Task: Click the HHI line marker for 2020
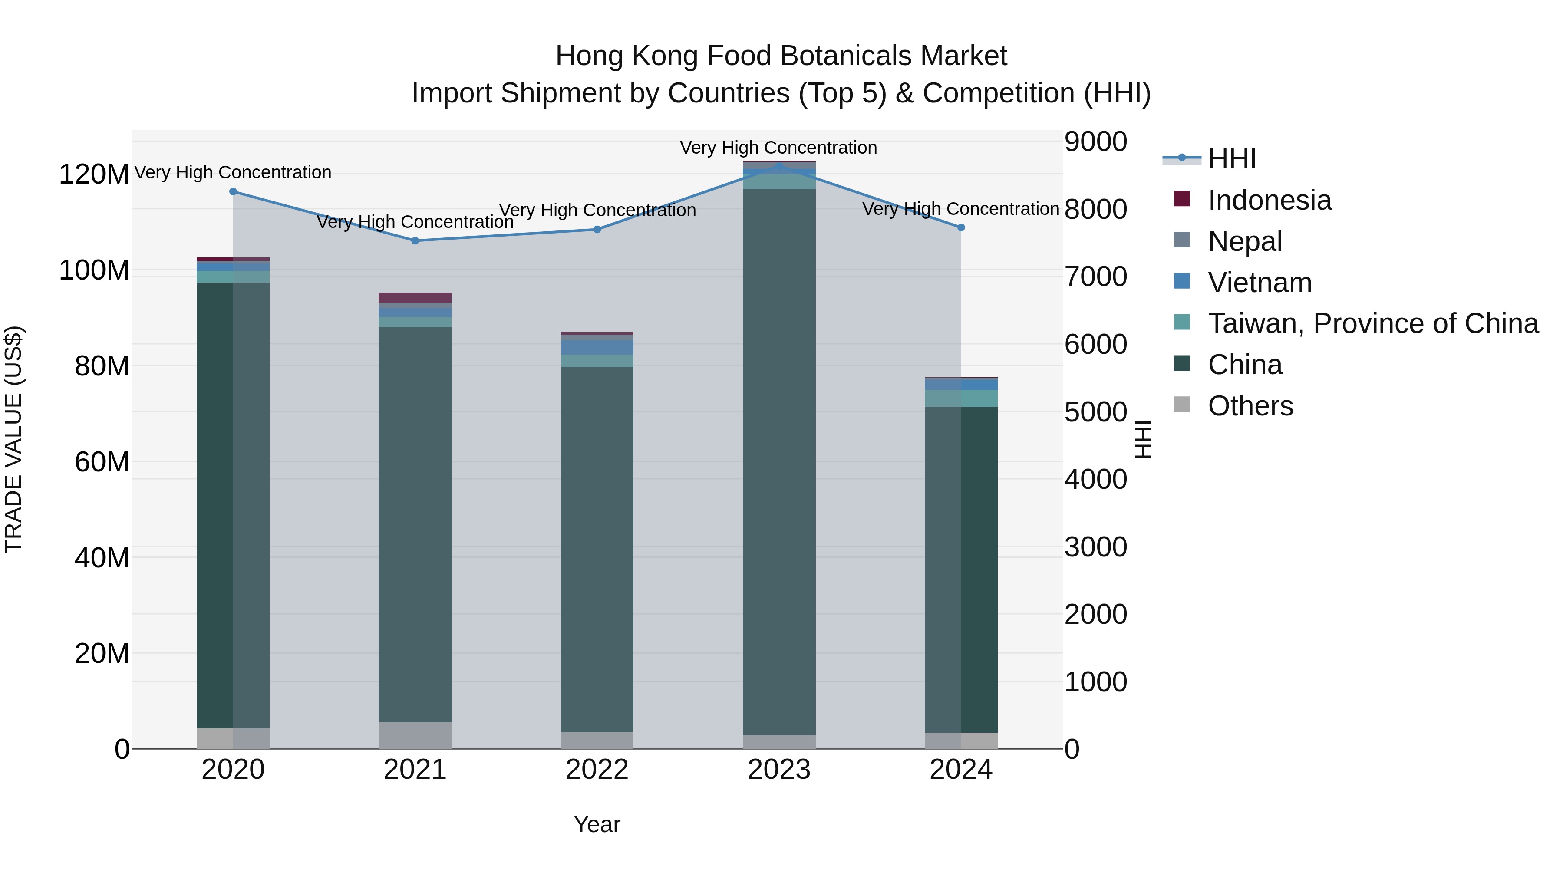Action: coord(233,192)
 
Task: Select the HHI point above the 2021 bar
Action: coord(415,241)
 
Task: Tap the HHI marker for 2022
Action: coord(597,229)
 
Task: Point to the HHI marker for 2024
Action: coord(961,227)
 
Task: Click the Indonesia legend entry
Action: coord(1270,200)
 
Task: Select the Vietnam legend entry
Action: coord(1260,283)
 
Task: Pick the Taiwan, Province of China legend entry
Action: coord(1372,323)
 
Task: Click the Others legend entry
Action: coord(1250,406)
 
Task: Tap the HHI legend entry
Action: coord(1232,159)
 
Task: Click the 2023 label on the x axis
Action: coord(779,770)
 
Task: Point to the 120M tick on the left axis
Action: coord(94,174)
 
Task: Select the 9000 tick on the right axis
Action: coord(1096,142)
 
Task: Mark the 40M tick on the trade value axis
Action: coord(102,557)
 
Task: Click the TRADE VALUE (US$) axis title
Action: coord(13,439)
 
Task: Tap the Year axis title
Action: coord(597,824)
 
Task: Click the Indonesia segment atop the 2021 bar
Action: coord(415,298)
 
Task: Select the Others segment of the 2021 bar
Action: coord(415,735)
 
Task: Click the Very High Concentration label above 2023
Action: coord(778,148)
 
